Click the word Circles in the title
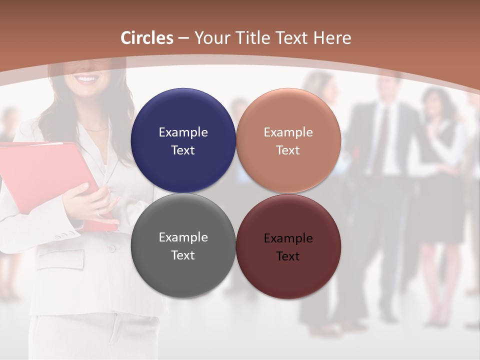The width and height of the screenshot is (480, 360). (x=147, y=38)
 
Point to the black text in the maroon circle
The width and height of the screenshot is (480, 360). (x=288, y=247)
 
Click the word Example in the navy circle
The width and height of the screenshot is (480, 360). (x=183, y=132)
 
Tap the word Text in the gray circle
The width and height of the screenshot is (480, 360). (x=183, y=255)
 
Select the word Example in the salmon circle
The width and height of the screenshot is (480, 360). (x=288, y=132)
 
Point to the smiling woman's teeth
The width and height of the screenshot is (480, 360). (x=87, y=79)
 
